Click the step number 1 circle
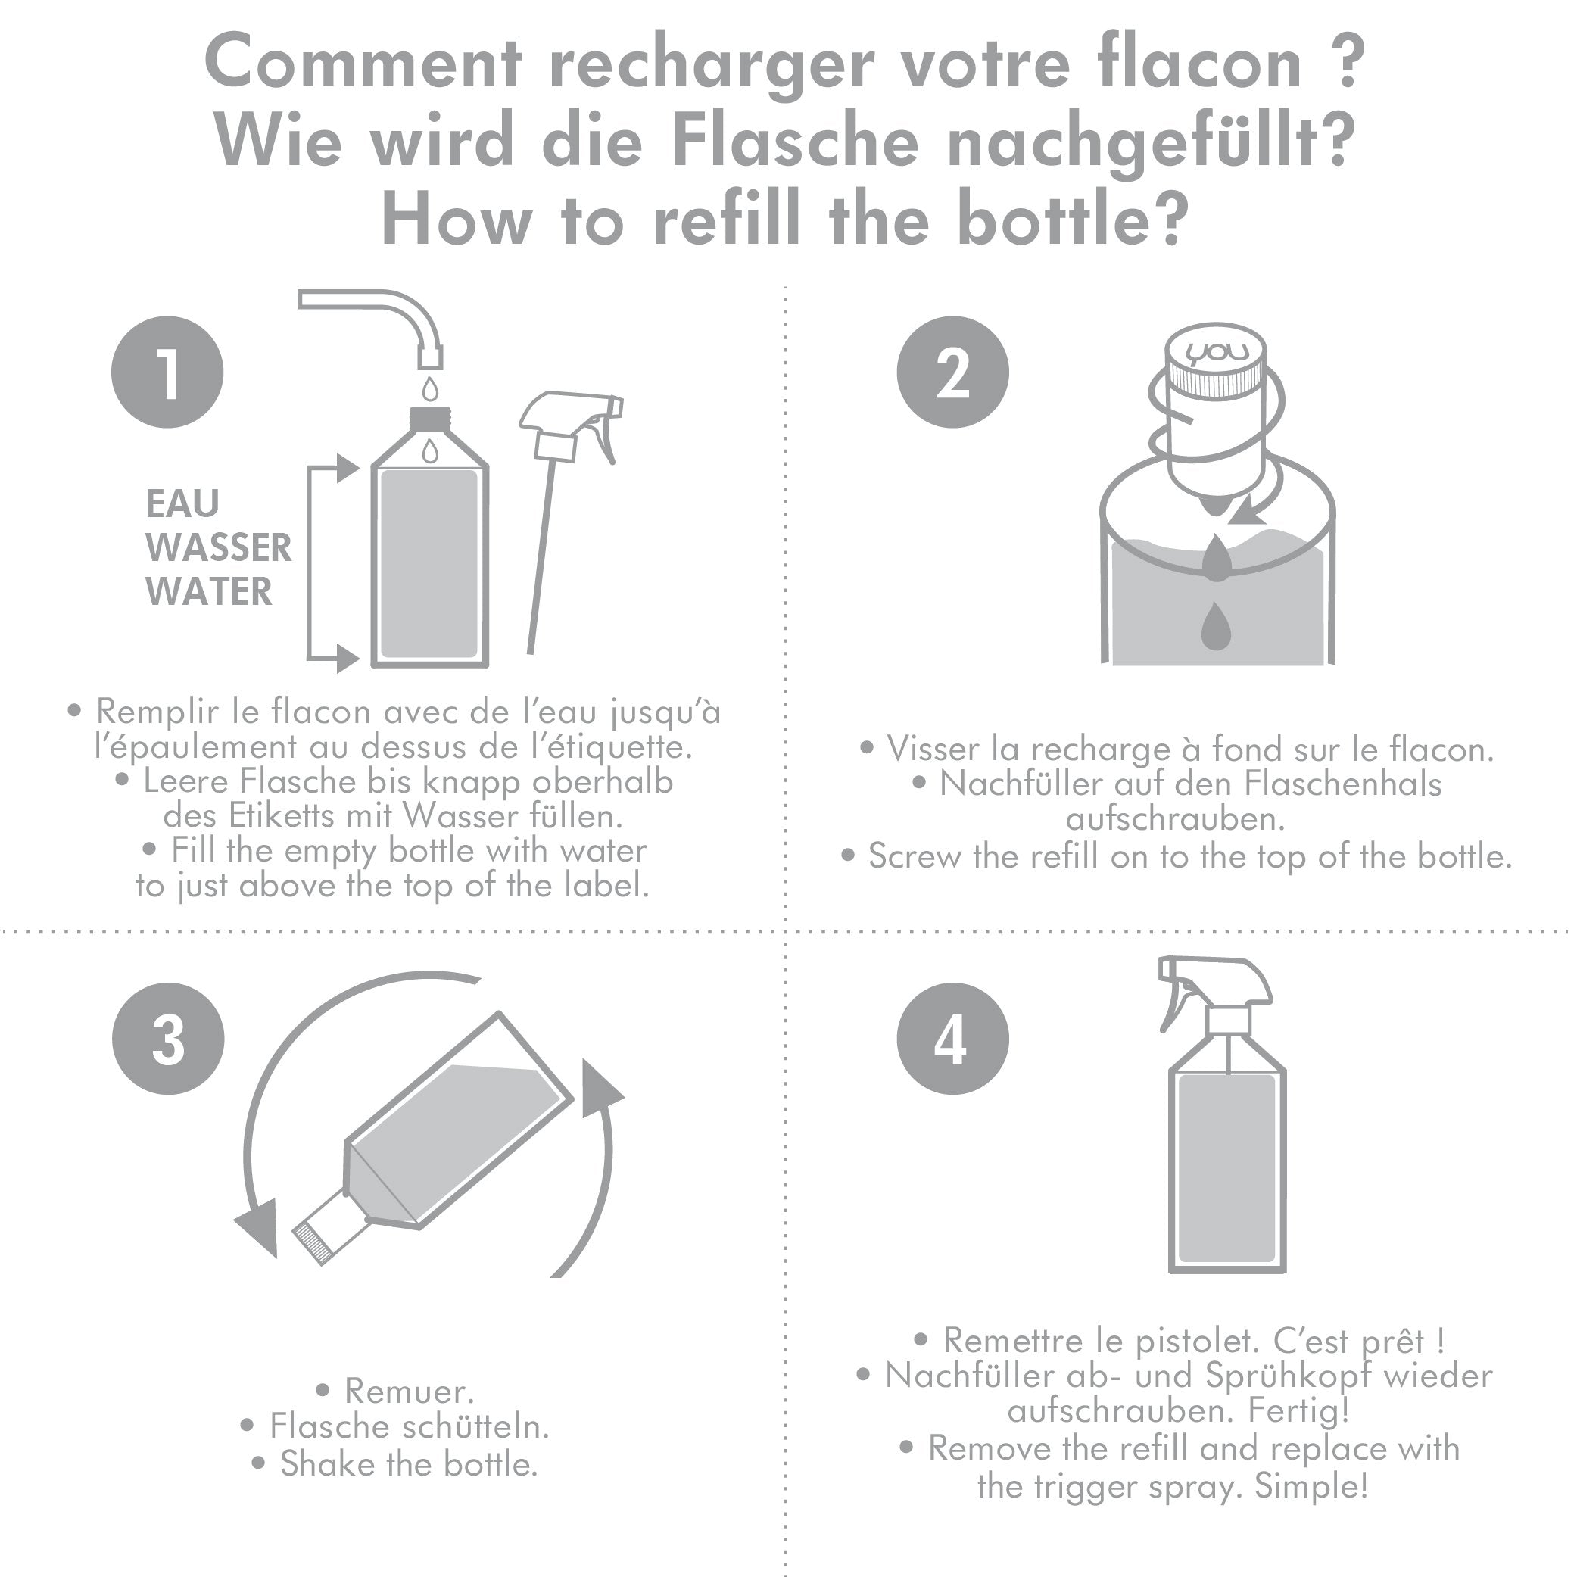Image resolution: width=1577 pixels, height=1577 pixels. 167,372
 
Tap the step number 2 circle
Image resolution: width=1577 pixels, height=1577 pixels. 952,372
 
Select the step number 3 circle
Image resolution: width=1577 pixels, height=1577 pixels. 168,1039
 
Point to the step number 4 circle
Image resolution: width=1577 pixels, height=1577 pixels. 952,1039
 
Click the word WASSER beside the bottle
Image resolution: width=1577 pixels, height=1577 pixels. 219,547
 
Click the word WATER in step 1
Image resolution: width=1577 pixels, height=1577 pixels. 209,591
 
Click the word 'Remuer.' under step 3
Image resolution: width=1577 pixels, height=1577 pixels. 409,1390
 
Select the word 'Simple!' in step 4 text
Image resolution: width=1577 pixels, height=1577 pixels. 1311,1485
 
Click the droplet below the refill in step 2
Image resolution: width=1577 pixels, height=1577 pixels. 1216,627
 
